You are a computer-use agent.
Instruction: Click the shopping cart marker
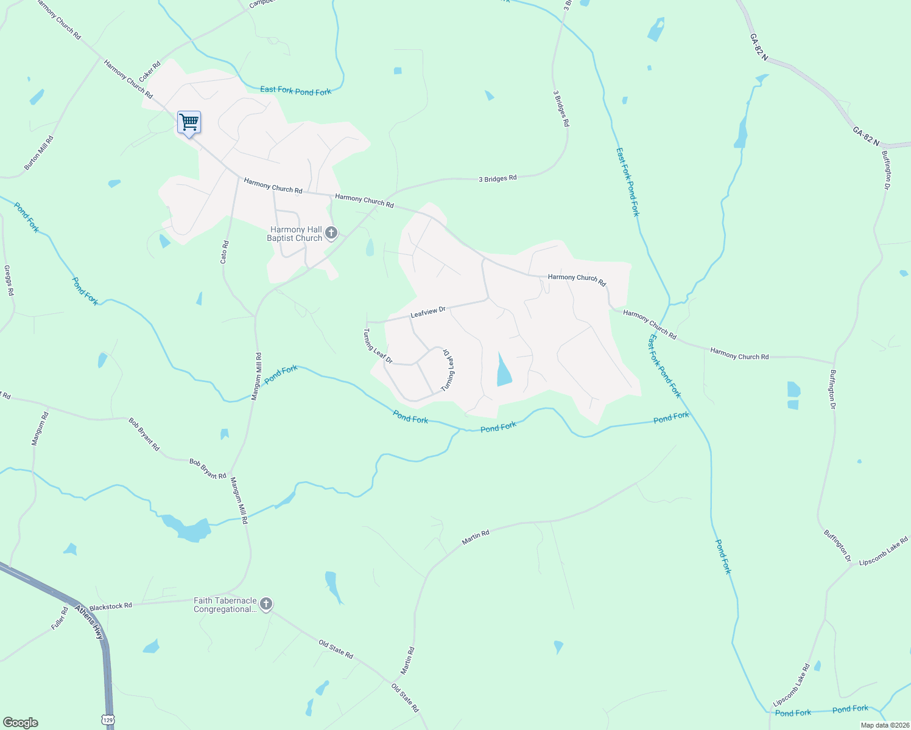(x=189, y=123)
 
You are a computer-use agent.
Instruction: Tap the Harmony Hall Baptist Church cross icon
(x=331, y=232)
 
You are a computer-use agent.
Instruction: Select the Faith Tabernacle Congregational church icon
(x=266, y=604)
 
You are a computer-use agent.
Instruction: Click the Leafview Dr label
(x=428, y=313)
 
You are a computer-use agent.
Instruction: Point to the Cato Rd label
(x=225, y=252)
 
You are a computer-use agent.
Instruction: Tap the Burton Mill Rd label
(x=39, y=153)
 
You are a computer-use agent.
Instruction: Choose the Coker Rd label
(x=150, y=71)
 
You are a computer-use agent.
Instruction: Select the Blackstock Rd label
(x=111, y=607)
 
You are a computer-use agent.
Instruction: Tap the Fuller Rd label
(x=60, y=618)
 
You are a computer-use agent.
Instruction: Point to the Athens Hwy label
(x=90, y=621)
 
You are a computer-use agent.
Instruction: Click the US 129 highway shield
(x=108, y=720)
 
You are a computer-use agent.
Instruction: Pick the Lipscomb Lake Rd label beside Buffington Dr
(x=883, y=551)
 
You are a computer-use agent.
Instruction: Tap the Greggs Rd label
(x=9, y=280)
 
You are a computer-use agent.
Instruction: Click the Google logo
(x=20, y=723)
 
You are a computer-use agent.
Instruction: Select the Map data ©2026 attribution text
(x=884, y=725)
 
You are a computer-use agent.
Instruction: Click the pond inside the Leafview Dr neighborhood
(x=504, y=371)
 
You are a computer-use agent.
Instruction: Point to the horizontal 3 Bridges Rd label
(x=498, y=179)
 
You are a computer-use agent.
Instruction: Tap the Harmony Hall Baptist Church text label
(x=296, y=234)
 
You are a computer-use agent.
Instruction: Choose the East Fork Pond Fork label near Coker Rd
(x=295, y=91)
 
